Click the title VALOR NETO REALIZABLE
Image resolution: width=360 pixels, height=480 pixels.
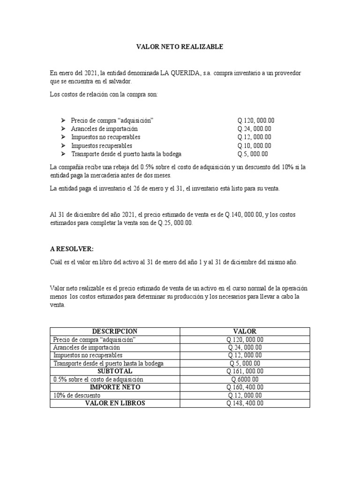coord(180,47)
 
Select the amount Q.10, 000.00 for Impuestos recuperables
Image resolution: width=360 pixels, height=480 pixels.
coord(255,146)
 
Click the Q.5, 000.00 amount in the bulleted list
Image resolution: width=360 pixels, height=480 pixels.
coord(253,154)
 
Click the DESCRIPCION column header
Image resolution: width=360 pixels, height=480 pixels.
coord(115,331)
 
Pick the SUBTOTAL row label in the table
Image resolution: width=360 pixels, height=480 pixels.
coord(115,371)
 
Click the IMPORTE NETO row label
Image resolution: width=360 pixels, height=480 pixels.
coord(115,387)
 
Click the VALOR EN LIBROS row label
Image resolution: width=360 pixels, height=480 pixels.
coord(115,403)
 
